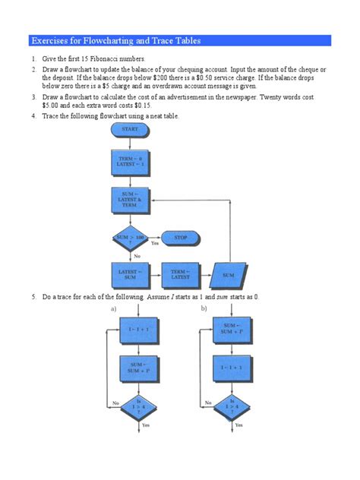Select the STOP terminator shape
pos(180,238)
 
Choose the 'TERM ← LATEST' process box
pos(180,273)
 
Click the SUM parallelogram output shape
pos(230,273)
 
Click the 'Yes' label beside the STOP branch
pos(154,244)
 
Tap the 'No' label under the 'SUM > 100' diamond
pos(137,256)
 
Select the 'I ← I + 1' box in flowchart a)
pos(138,332)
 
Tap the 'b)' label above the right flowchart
pos(204,308)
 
